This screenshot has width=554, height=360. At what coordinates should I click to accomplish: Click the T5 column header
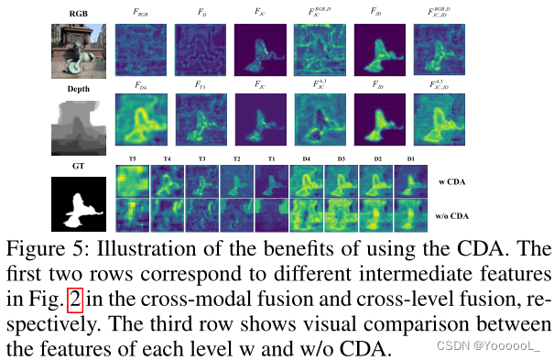click(x=132, y=158)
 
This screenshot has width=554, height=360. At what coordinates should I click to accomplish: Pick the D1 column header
click(x=411, y=158)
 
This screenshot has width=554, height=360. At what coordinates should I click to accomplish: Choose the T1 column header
click(x=271, y=158)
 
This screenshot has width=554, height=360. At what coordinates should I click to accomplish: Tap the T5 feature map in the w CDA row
click(x=132, y=182)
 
